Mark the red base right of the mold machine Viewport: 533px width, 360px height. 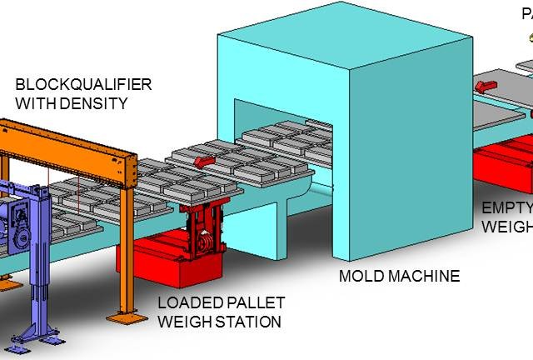[500, 157]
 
